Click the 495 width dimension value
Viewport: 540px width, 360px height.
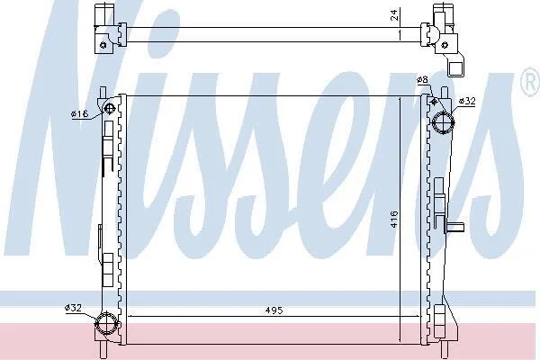coord(274,310)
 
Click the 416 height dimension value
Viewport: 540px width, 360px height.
coord(394,219)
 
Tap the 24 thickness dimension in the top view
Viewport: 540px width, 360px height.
coord(395,14)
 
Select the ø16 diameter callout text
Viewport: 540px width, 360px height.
coord(80,113)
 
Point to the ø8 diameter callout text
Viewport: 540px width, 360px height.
coord(422,80)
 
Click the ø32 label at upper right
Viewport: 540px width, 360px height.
coord(467,102)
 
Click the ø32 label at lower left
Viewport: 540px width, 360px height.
coord(74,308)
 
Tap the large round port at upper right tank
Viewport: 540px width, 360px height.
coord(444,122)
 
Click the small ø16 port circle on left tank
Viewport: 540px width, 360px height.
coord(109,109)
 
